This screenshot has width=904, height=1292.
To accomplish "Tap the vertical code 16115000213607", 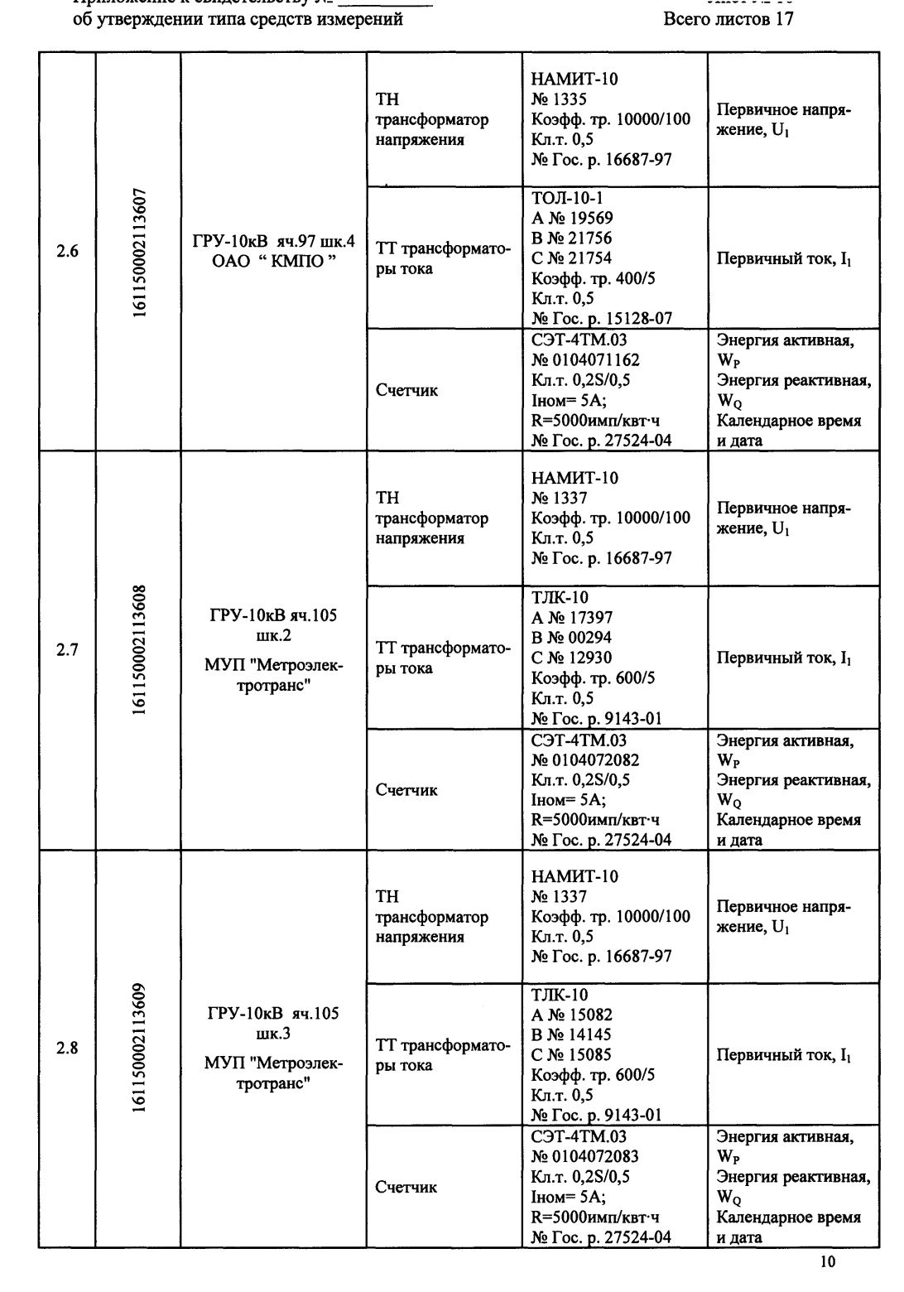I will point(138,252).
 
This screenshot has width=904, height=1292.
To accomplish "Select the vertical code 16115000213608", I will point(138,650).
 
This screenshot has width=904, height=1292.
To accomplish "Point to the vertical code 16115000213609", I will point(138,1048).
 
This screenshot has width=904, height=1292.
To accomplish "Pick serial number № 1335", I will point(559,100).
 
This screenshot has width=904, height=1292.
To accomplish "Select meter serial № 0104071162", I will point(585,360).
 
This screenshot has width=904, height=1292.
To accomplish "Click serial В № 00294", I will point(572,638).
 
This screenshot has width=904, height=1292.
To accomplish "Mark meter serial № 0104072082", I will point(585,759).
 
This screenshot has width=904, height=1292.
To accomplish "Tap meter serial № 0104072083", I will point(585,1157).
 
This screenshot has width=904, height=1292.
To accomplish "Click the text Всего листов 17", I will point(728,19).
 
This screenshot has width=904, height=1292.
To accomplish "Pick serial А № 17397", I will point(572,618).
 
